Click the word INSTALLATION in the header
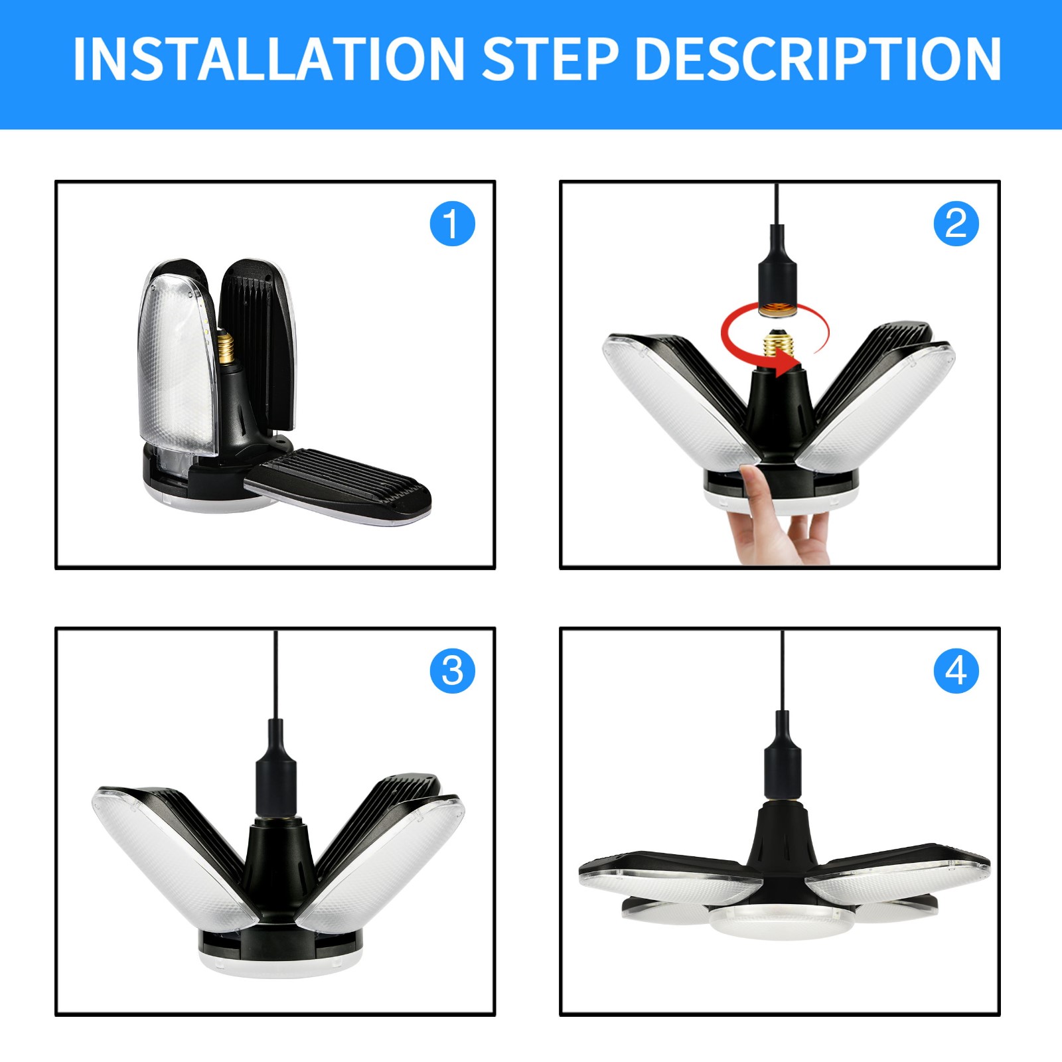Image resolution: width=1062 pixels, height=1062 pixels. (x=268, y=59)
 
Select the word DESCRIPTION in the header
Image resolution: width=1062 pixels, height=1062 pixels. (x=818, y=59)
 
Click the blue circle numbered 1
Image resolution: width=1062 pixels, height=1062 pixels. (x=453, y=224)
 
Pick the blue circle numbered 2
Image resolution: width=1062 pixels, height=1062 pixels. (x=956, y=224)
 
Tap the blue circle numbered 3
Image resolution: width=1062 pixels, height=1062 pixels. (x=453, y=671)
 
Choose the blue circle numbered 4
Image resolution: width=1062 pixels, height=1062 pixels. (x=956, y=671)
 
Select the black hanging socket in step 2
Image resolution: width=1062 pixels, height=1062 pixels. (x=777, y=272)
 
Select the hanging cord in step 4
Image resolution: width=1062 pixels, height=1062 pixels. (x=783, y=670)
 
